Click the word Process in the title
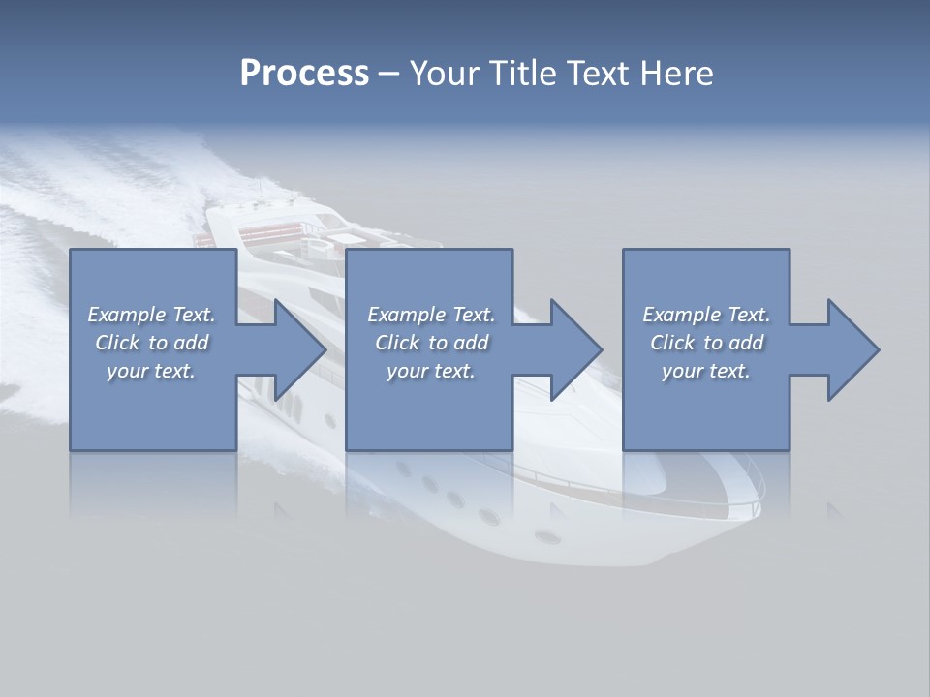pyautogui.click(x=304, y=74)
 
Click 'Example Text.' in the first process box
pyautogui.click(x=151, y=315)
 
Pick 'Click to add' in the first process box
pyautogui.click(x=151, y=343)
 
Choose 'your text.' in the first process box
pyautogui.click(x=151, y=371)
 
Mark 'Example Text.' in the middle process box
pyautogui.click(x=431, y=315)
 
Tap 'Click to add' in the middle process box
pyautogui.click(x=431, y=343)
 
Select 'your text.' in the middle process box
pyautogui.click(x=431, y=371)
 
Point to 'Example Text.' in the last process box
pyautogui.click(x=706, y=315)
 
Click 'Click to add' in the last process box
pyautogui.click(x=706, y=343)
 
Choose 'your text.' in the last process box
pyautogui.click(x=706, y=371)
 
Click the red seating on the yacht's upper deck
pyautogui.click(x=264, y=233)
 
